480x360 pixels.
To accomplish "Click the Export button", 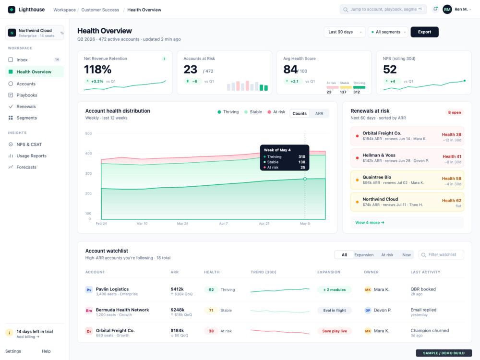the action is [x=424, y=32].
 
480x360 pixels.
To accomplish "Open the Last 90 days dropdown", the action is [x=344, y=32].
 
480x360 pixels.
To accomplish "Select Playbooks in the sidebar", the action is [x=26, y=95].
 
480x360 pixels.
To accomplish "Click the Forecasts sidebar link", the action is [x=26, y=167].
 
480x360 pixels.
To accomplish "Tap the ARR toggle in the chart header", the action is [x=319, y=114].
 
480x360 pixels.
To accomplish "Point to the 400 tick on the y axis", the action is [x=88, y=154].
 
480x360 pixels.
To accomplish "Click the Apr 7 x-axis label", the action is [x=223, y=224].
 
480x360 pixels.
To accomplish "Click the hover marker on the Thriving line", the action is [x=305, y=179].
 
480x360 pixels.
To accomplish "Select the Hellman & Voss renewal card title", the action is [x=379, y=155].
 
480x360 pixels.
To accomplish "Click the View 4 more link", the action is [x=370, y=223].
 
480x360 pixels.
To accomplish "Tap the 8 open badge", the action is [x=455, y=112].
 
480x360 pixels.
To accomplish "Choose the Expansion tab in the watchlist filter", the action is [x=364, y=255].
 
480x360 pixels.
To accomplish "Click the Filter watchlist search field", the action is [x=441, y=255].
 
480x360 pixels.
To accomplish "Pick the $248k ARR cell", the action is [x=178, y=310].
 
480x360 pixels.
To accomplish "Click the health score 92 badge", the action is [x=211, y=289].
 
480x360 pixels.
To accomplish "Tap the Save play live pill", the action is [x=334, y=331].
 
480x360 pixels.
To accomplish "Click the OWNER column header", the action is [x=371, y=272].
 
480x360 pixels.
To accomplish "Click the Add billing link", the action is [x=28, y=337].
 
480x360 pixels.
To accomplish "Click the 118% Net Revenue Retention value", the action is [x=97, y=70].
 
